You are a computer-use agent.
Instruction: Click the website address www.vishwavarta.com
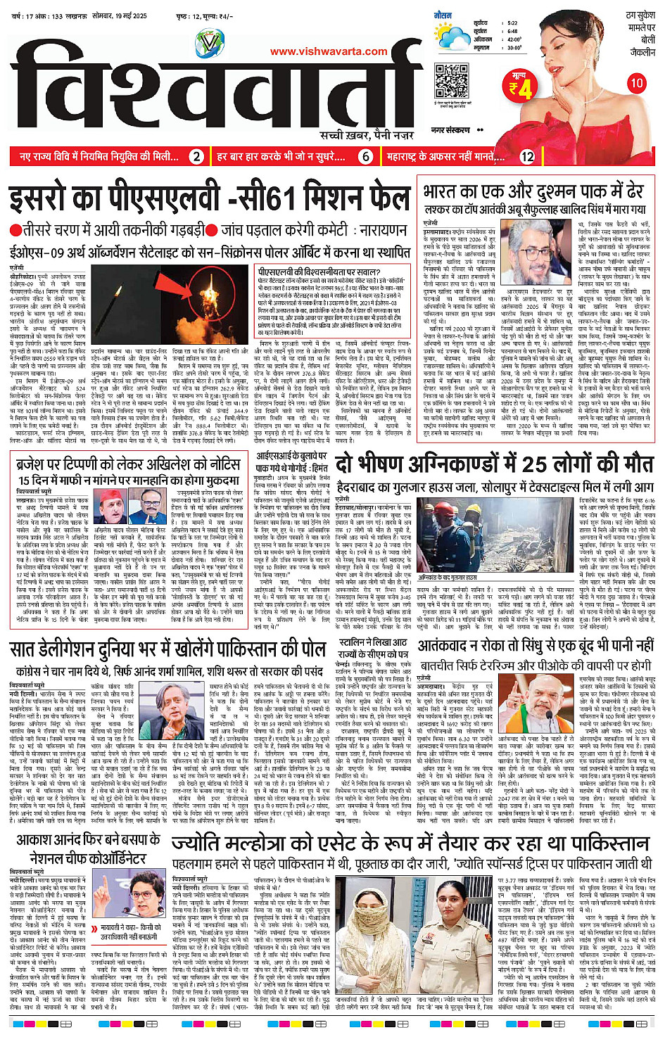[x=329, y=51]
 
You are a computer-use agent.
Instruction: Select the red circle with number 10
[x=636, y=83]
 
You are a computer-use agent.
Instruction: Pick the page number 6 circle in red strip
[x=365, y=157]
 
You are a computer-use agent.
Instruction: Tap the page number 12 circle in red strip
[x=528, y=157]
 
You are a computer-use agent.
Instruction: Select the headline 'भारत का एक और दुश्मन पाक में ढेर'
[x=533, y=191]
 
